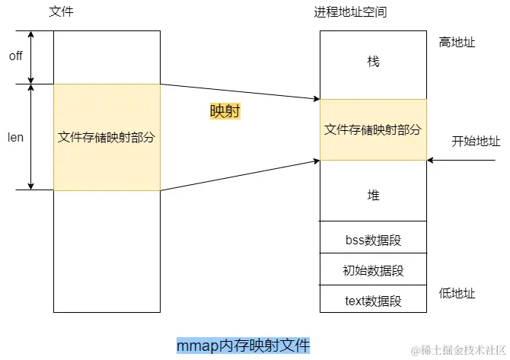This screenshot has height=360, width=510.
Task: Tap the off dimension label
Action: (x=15, y=56)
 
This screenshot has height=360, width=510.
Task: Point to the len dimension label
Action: (x=15, y=138)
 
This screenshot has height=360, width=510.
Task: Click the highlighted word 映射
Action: (x=225, y=111)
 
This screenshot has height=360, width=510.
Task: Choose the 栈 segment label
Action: (x=373, y=62)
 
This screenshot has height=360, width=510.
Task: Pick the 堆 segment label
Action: (x=373, y=196)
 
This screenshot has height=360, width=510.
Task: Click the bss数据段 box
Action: (x=373, y=241)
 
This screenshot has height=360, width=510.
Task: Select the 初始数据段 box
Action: (x=373, y=270)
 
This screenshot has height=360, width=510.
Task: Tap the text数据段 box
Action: (x=373, y=301)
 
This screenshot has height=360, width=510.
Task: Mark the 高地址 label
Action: (x=457, y=43)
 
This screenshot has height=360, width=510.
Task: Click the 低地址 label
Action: (x=457, y=293)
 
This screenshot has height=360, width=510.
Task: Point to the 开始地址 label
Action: (x=476, y=141)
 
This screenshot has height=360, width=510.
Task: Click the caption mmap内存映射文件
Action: (x=243, y=346)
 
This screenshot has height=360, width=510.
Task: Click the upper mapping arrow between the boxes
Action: (x=240, y=91)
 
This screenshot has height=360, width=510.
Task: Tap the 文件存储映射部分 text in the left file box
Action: (x=107, y=138)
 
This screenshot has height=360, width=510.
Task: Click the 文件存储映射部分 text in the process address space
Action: (x=373, y=129)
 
